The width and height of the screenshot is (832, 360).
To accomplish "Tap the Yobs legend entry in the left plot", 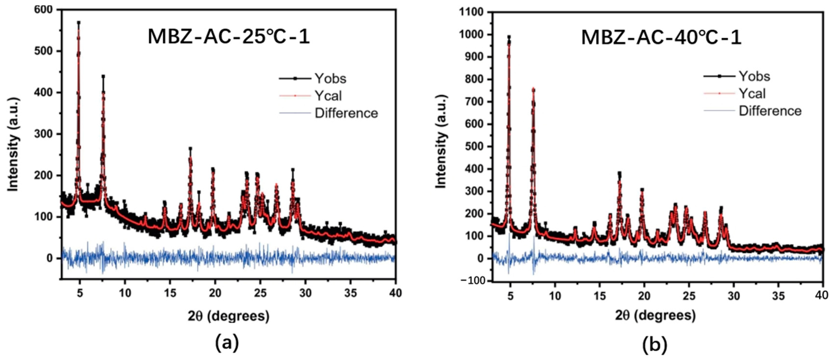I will [x=330, y=79].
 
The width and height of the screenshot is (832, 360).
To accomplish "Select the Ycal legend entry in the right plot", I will [x=752, y=94].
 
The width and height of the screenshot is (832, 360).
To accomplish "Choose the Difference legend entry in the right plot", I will [x=770, y=111].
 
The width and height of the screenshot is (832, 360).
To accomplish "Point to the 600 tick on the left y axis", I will [x=43, y=10].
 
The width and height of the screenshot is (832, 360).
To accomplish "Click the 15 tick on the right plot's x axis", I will [x=599, y=295].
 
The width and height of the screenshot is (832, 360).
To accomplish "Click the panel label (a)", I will [x=227, y=343].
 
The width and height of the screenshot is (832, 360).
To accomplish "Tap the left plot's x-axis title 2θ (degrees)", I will [x=228, y=315].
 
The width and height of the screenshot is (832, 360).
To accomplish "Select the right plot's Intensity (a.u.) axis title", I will [x=441, y=142].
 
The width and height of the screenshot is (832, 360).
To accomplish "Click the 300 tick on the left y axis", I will [x=43, y=134].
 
